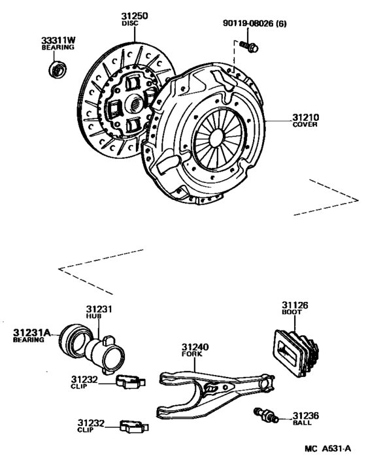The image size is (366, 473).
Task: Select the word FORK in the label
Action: point(193,354)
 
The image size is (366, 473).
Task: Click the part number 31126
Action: point(295,304)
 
